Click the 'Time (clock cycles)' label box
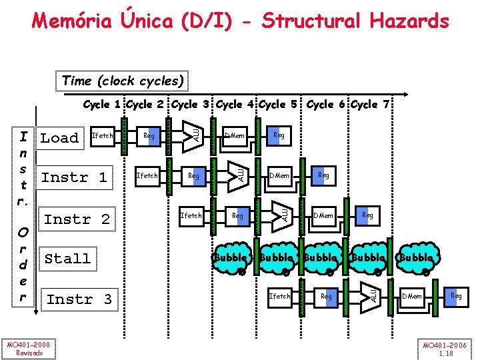click(x=123, y=81)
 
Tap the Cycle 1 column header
click(x=102, y=105)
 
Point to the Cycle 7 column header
click(x=372, y=105)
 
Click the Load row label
click(x=59, y=138)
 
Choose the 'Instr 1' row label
click(x=74, y=177)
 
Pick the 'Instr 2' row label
click(x=76, y=219)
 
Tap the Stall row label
click(x=67, y=259)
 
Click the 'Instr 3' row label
click(x=79, y=299)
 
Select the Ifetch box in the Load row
click(x=102, y=136)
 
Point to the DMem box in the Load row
click(x=234, y=136)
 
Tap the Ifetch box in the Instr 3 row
click(x=279, y=296)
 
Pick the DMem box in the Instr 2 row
click(x=323, y=215)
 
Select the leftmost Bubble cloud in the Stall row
click(x=233, y=258)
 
